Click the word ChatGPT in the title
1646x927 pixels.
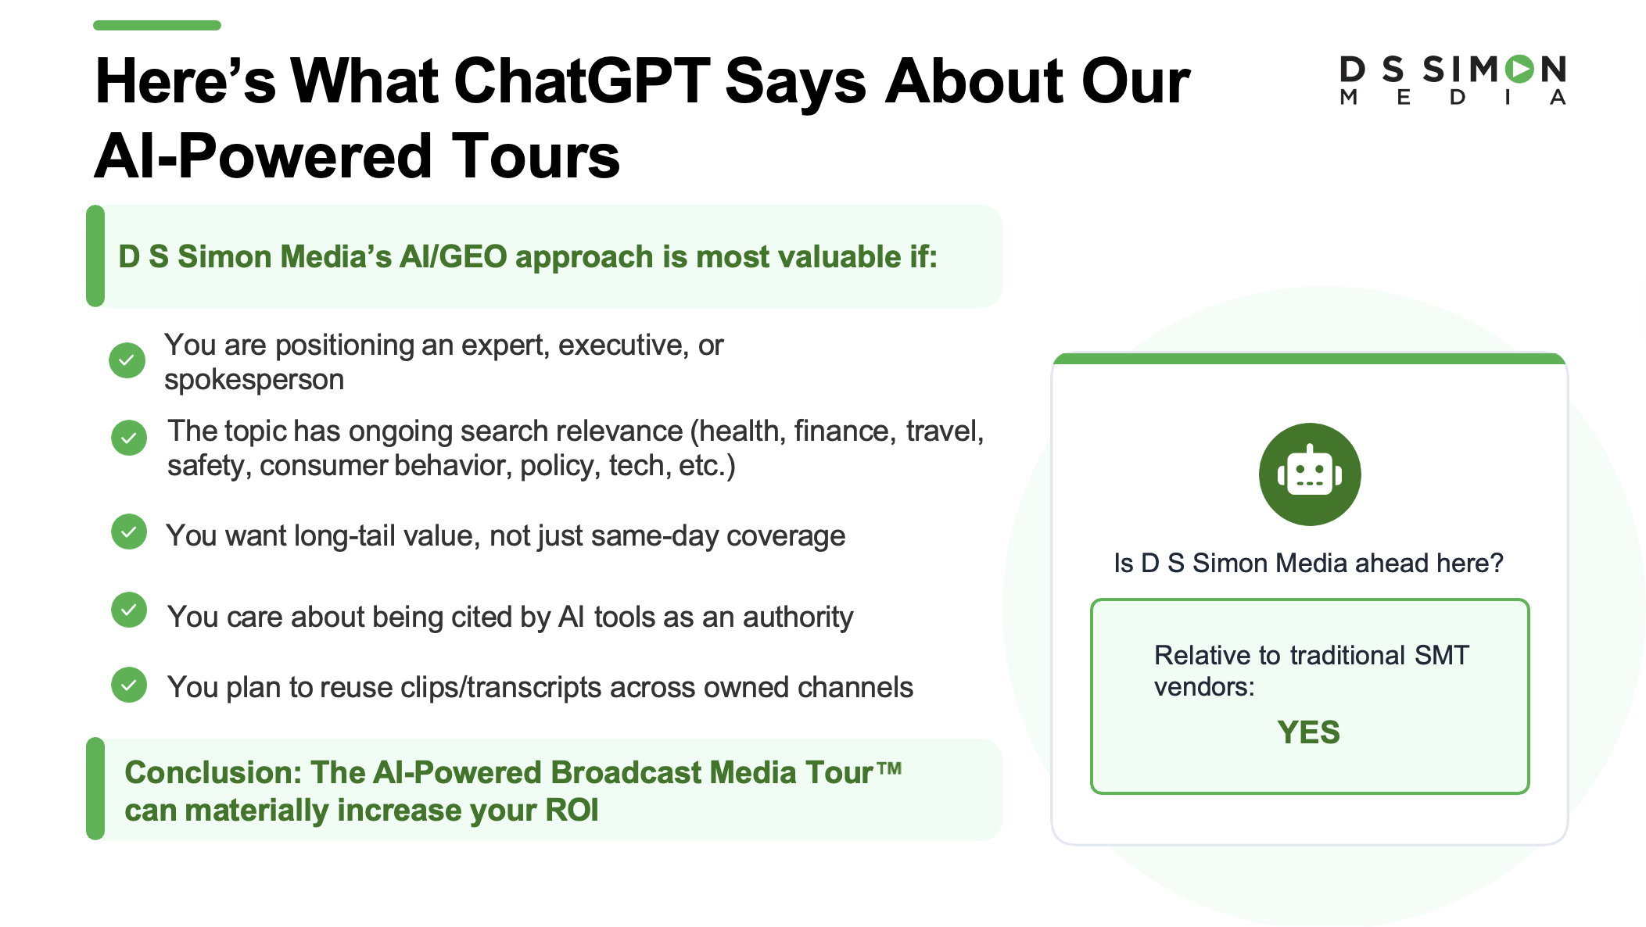pyautogui.click(x=582, y=81)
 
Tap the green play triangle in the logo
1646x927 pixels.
pyautogui.click(x=1521, y=70)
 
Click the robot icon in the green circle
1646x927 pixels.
pyautogui.click(x=1310, y=474)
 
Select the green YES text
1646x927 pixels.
pyautogui.click(x=1308, y=732)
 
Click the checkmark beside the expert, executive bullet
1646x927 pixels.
pyautogui.click(x=127, y=360)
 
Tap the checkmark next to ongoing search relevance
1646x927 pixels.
pyautogui.click(x=129, y=438)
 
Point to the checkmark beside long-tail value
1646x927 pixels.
pyautogui.click(x=129, y=532)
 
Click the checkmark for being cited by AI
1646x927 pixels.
pyautogui.click(x=129, y=610)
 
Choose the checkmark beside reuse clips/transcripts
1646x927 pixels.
pyautogui.click(x=129, y=685)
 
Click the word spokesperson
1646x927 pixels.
pyautogui.click(x=254, y=381)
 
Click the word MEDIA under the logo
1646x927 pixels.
pyautogui.click(x=1453, y=98)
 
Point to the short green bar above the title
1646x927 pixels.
pyautogui.click(x=157, y=25)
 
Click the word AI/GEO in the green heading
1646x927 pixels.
pyautogui.click(x=454, y=257)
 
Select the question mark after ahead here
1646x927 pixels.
pyautogui.click(x=1496, y=563)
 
